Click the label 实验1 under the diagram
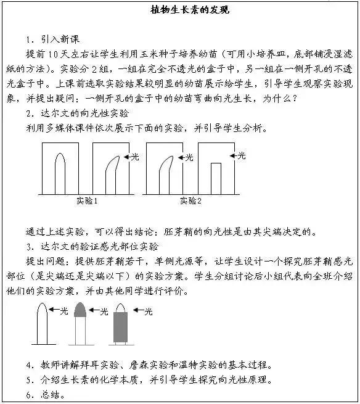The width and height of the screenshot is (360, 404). click(x=87, y=200)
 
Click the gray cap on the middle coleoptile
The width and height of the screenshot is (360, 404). click(x=80, y=310)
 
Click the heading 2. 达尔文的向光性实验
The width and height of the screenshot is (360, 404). click(x=78, y=113)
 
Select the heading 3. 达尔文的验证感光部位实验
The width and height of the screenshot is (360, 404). click(x=92, y=246)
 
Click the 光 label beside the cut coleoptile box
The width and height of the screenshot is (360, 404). click(x=242, y=155)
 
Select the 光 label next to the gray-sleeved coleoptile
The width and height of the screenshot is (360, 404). click(x=148, y=311)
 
